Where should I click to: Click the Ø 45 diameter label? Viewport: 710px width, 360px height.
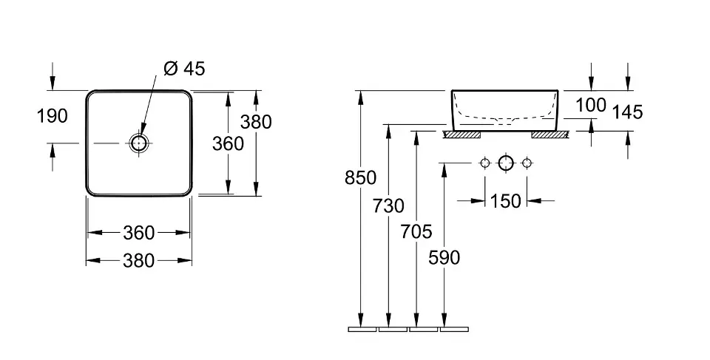coord(183,69)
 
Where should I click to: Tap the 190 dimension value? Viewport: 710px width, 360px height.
coord(52,115)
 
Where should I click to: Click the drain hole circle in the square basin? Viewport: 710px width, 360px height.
coord(139,143)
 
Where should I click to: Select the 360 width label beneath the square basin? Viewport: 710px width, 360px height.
coord(139,233)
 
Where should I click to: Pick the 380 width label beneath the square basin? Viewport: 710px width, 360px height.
coord(139,260)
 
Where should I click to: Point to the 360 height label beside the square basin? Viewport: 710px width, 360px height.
coord(228,143)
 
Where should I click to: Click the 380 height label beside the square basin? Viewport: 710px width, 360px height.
coord(257,123)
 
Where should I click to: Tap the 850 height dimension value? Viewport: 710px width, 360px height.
coord(361,177)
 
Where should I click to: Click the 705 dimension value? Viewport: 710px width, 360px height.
coord(417,231)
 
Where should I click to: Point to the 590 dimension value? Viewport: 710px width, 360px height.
coord(444,257)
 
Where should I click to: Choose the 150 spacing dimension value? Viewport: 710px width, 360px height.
coord(506,200)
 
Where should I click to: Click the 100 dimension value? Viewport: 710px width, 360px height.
coord(590,105)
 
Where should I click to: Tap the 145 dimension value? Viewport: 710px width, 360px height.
coord(628,112)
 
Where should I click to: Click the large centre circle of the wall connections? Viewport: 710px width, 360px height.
coord(506,163)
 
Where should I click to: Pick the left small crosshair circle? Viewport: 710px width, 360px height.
coord(485,163)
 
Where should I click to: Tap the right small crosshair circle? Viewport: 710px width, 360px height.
coord(527,163)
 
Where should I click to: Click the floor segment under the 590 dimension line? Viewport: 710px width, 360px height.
coord(454,329)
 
